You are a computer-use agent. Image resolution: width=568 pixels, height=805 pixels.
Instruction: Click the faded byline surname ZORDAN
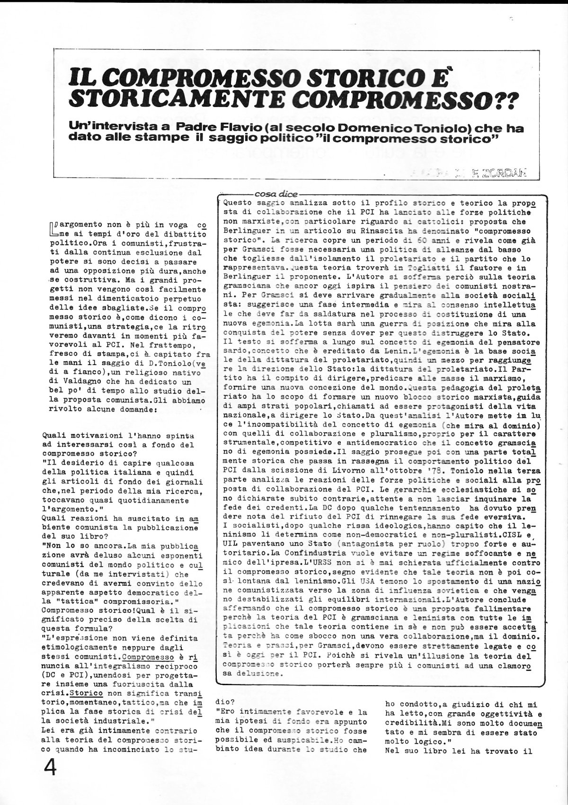click(x=511, y=174)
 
